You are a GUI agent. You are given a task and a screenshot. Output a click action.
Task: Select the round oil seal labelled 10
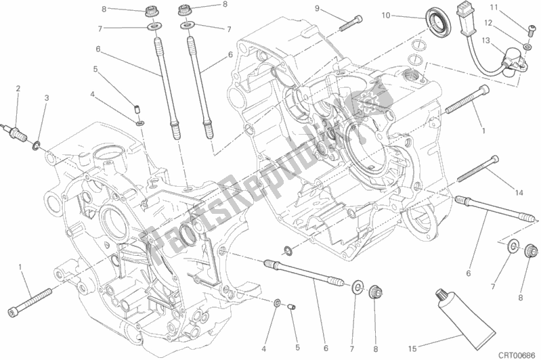click(x=437, y=22)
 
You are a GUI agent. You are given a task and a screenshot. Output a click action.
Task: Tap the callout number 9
click(x=317, y=8)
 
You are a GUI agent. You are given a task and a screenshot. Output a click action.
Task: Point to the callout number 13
click(x=485, y=41)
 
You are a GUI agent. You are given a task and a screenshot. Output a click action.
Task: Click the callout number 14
click(x=519, y=193)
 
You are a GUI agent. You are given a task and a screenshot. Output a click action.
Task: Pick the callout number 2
click(x=18, y=89)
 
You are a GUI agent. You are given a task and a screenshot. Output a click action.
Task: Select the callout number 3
click(x=47, y=98)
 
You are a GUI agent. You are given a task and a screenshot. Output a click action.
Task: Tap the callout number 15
click(x=412, y=349)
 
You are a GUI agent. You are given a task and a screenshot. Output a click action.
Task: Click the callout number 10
click(x=386, y=15)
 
